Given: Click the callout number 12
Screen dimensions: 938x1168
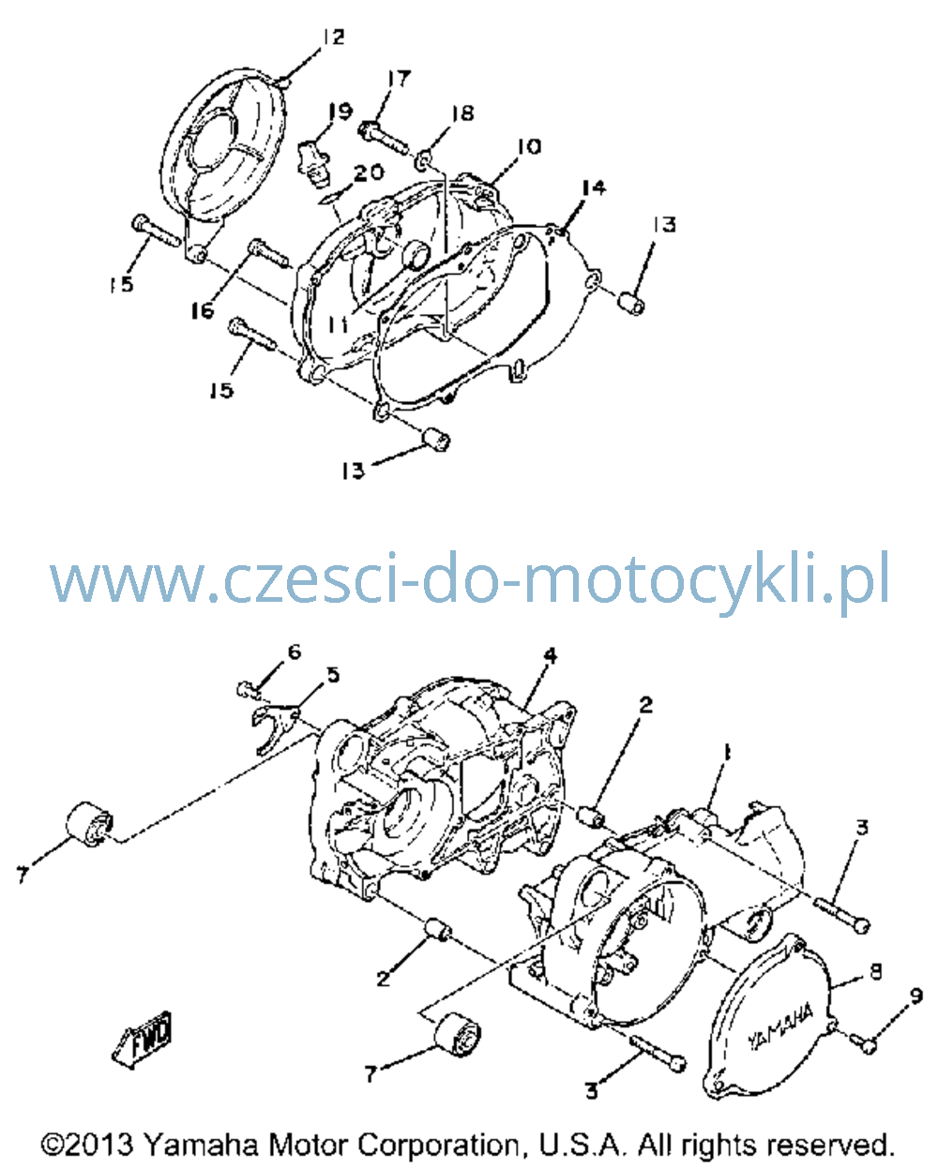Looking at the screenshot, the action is point(333,37).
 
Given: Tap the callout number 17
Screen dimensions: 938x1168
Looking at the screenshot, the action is point(400,80).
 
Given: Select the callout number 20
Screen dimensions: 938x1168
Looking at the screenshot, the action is point(369,172).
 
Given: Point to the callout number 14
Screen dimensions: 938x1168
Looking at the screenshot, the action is point(593,187).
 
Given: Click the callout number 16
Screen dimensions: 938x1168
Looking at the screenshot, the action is point(202,311).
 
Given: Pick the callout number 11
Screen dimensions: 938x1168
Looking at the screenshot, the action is point(338,324).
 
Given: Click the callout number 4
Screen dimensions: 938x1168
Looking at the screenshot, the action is point(551,655).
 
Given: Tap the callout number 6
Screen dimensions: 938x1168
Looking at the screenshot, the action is point(294,651).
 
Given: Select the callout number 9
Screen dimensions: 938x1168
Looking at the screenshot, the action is point(915,996).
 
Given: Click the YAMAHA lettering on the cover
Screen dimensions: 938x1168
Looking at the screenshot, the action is point(780,1026).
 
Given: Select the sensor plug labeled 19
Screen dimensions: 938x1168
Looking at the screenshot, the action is point(313,162).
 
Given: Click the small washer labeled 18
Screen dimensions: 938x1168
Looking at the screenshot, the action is point(424,160).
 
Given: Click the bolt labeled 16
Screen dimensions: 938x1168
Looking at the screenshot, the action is point(268,253).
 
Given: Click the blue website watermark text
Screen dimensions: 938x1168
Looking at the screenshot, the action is point(469,579).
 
